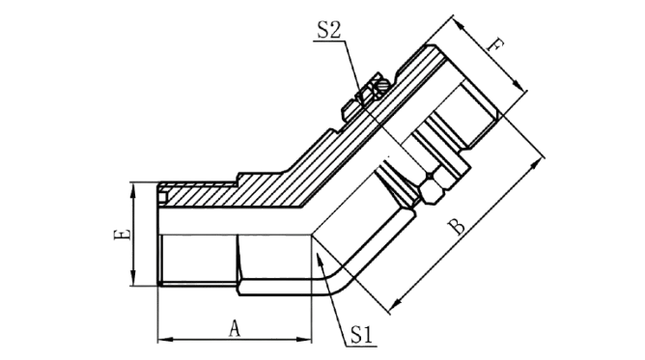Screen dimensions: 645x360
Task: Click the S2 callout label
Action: click(328, 30)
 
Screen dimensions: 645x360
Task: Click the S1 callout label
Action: click(361, 335)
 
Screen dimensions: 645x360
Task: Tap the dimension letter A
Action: click(234, 329)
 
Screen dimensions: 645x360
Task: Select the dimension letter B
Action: click(457, 227)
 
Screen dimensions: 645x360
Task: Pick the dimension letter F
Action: click(494, 44)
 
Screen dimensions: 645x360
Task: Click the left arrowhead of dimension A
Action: click(165, 340)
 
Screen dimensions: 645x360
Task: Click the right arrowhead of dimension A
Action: click(305, 340)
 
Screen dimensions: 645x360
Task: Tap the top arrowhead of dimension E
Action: click(133, 190)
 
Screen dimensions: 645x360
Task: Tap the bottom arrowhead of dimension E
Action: click(133, 277)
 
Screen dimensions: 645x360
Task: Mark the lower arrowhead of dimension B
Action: click(395, 304)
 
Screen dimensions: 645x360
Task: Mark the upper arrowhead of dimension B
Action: click(534, 165)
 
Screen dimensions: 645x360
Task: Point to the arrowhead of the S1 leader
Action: click(320, 261)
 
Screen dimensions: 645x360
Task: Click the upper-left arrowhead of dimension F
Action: click(462, 26)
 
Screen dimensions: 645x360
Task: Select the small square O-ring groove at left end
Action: click(163, 198)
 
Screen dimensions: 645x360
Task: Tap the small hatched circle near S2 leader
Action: click(383, 86)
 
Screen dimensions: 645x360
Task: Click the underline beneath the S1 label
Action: click(361, 346)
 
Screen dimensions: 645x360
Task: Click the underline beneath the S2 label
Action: click(329, 41)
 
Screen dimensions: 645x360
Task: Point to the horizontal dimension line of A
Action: click(235, 340)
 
